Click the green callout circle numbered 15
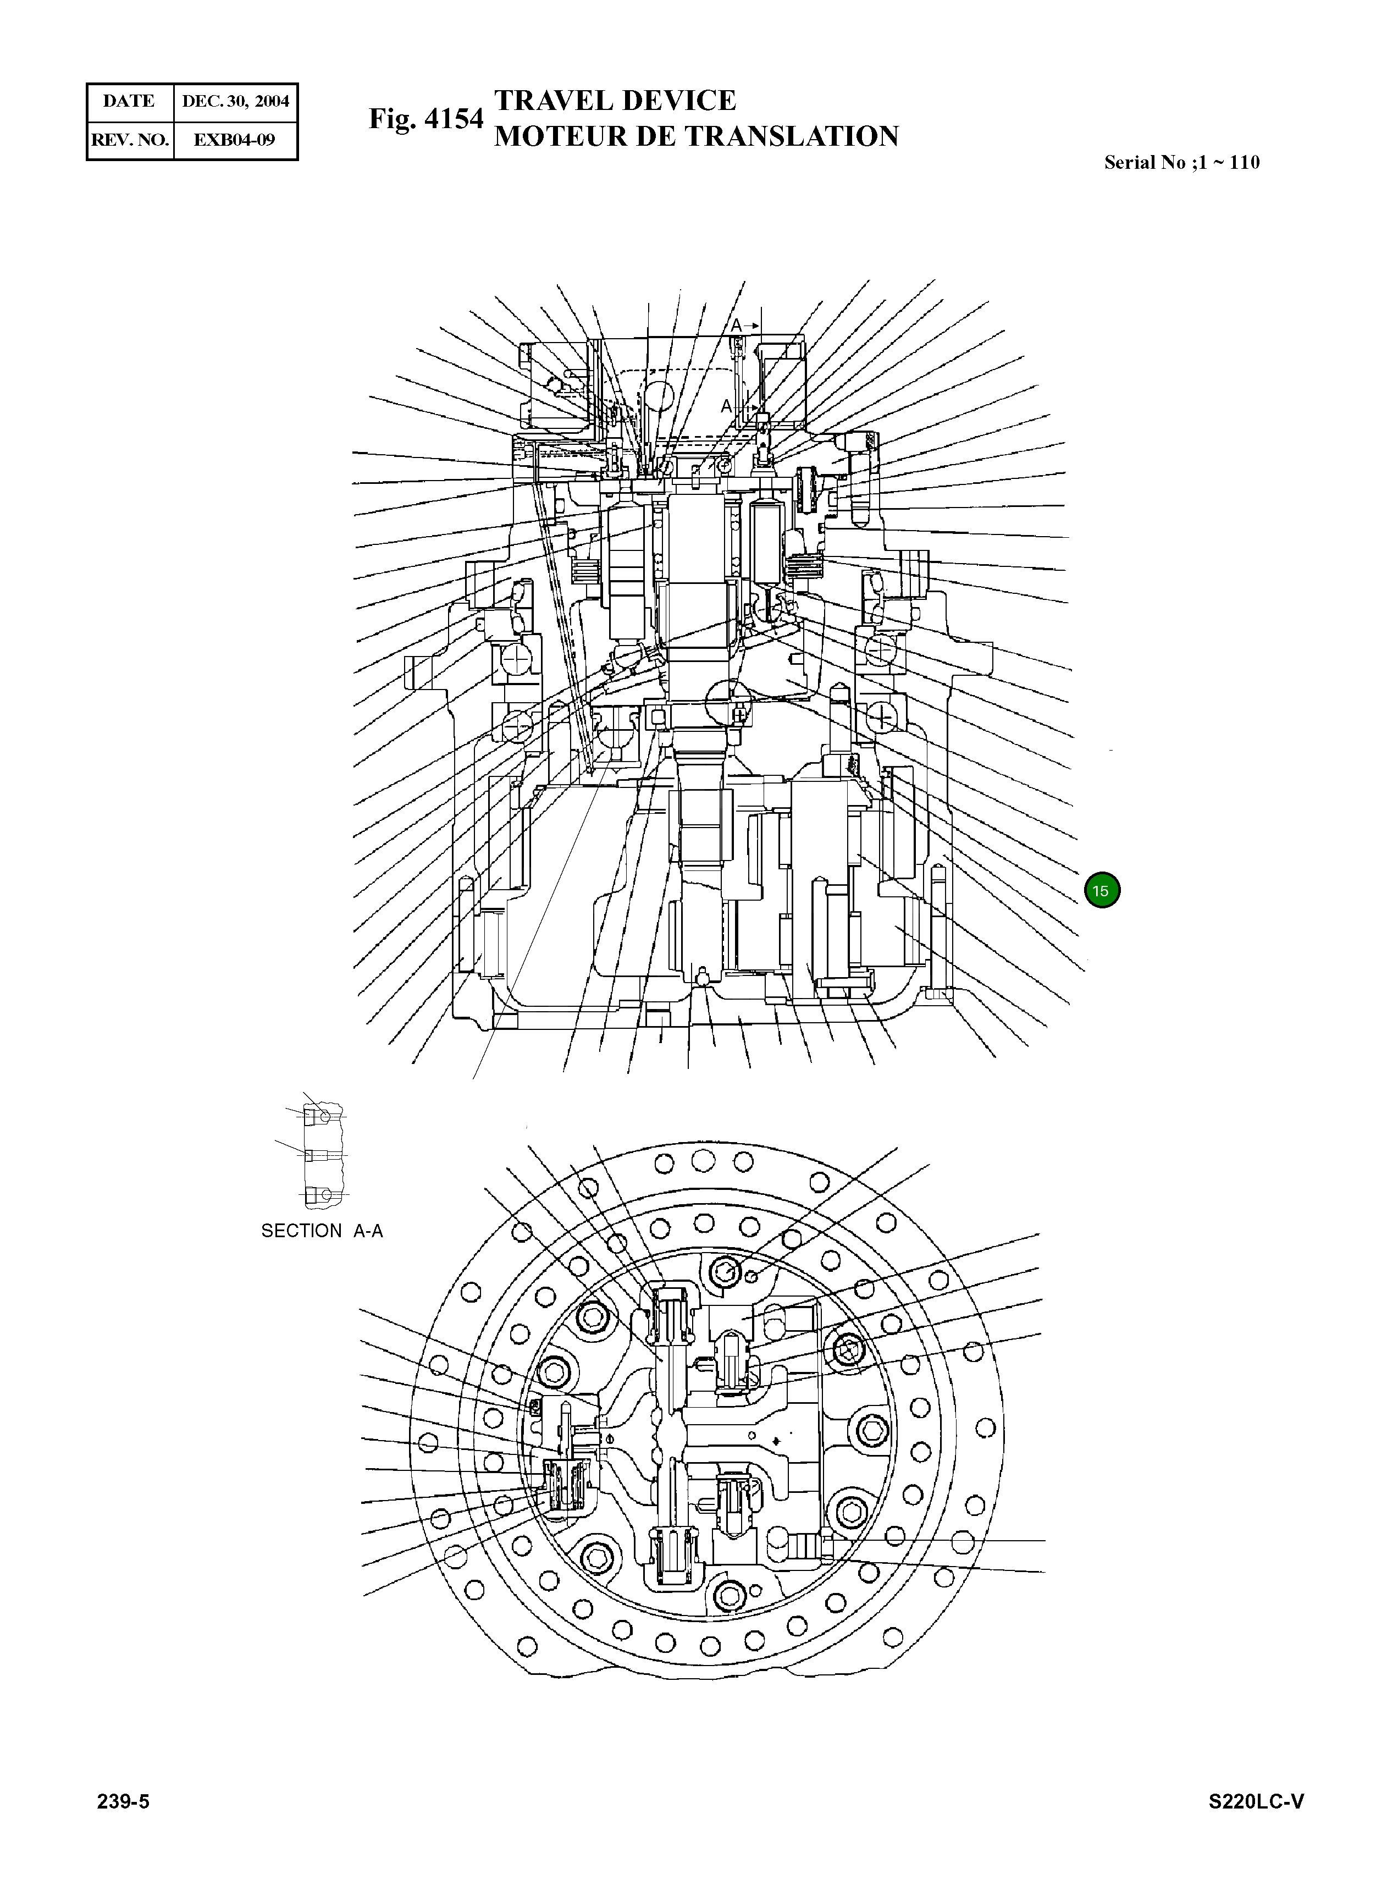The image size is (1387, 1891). click(x=1102, y=891)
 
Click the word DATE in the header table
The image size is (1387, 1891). click(x=129, y=102)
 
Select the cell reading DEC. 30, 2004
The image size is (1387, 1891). click(x=235, y=102)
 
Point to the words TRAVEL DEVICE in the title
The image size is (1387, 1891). click(x=615, y=101)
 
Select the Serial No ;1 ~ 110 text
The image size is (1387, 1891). click(x=1181, y=163)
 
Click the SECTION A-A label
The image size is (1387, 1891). click(x=322, y=1231)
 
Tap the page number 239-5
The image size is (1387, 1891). click(x=124, y=1802)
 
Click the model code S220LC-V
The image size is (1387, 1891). click(x=1256, y=1802)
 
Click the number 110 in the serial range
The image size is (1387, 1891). click(x=1244, y=163)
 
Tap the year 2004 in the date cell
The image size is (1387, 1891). click(x=272, y=102)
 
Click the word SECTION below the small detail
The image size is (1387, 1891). click(x=301, y=1231)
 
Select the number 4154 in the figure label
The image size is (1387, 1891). click(x=454, y=119)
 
